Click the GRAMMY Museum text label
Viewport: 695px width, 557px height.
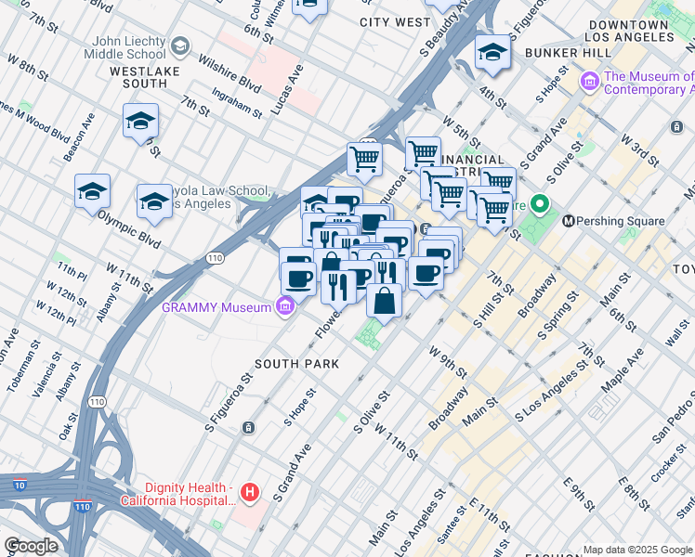click(x=216, y=306)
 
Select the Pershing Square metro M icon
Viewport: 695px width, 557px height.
click(x=569, y=221)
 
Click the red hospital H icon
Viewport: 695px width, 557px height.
click(x=248, y=492)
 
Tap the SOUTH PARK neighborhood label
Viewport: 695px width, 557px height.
click(x=297, y=364)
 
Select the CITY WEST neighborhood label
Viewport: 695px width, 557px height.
click(x=395, y=21)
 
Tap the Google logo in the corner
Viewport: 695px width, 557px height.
click(x=31, y=546)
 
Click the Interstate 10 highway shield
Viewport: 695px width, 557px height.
click(x=20, y=484)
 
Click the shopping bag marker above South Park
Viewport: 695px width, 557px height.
click(x=384, y=301)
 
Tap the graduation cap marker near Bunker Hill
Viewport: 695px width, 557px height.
click(x=492, y=53)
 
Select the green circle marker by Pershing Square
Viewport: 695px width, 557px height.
click(x=537, y=205)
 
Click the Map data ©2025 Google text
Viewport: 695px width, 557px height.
click(x=637, y=550)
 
